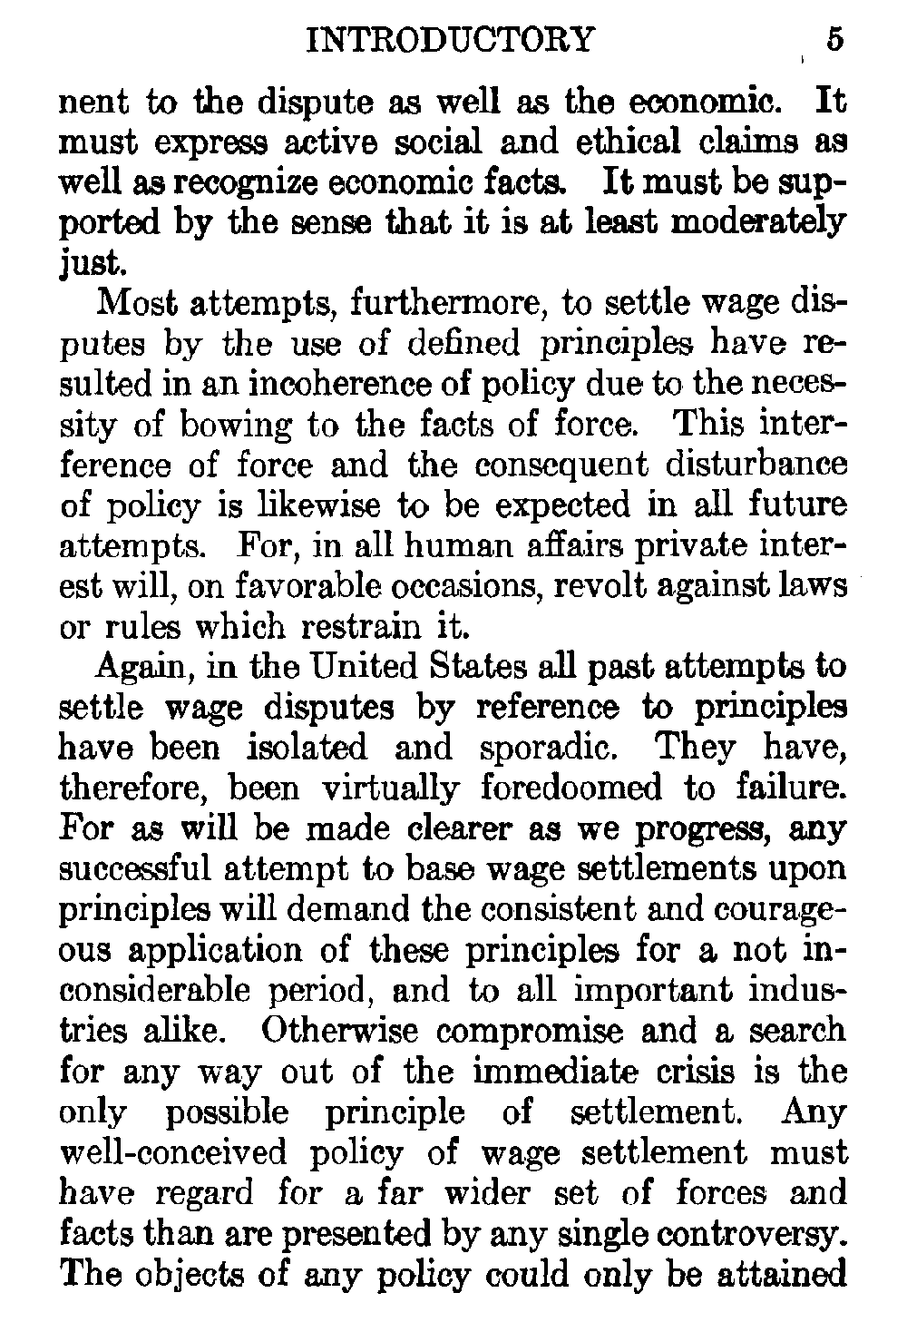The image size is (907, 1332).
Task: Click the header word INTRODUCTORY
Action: [x=452, y=41]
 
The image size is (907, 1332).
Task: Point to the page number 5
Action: [x=834, y=41]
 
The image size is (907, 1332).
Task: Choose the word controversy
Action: [x=755, y=1234]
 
